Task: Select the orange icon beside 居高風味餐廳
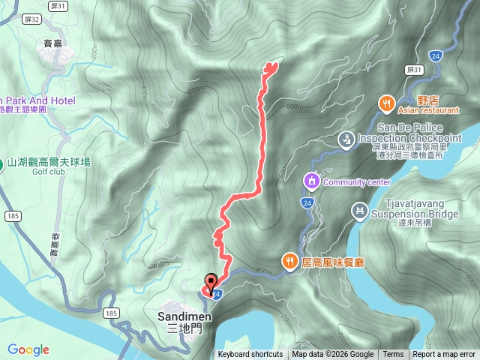tap(289, 260)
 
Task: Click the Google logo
tap(28, 349)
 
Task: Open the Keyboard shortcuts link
tap(250, 355)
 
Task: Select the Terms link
tap(393, 355)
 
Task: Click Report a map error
tap(444, 355)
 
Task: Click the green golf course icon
tap(1, 162)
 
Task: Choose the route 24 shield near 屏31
tap(437, 57)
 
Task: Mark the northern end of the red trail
tap(270, 66)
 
